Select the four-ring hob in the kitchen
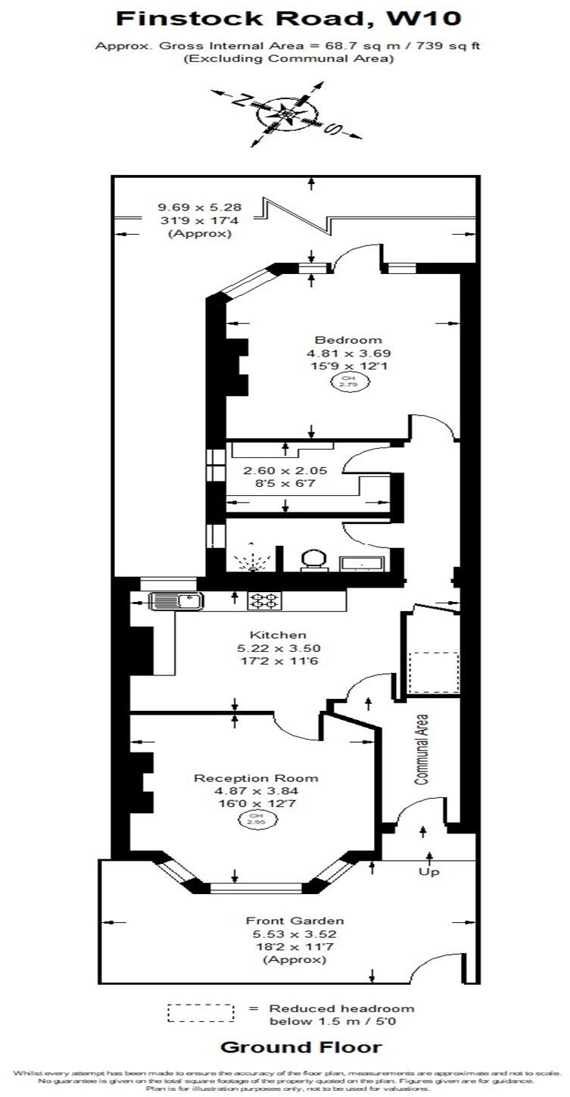[x=264, y=601]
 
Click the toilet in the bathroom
[x=313, y=561]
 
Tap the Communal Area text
[x=422, y=749]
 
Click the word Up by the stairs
[x=429, y=871]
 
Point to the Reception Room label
[x=256, y=778]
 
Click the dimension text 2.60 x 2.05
[x=274, y=470]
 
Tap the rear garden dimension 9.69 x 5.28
[x=189, y=207]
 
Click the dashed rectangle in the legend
[x=201, y=1013]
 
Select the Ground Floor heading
[x=301, y=1048]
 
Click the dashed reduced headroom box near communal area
[x=434, y=672]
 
